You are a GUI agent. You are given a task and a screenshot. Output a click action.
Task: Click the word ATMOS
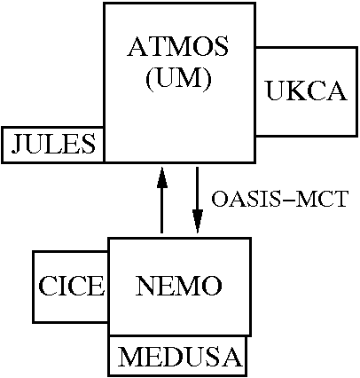point(178,46)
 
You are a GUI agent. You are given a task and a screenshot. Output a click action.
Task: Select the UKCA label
point(307,91)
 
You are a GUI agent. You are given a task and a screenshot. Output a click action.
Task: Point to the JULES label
point(53,144)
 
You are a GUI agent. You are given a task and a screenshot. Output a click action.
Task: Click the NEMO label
point(179,286)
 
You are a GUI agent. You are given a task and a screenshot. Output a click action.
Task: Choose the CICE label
point(72,286)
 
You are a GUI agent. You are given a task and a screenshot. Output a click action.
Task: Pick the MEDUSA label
point(180,357)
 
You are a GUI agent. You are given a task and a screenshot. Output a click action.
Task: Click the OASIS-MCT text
point(280,199)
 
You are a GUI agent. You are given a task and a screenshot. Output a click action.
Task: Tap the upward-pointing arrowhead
point(162,177)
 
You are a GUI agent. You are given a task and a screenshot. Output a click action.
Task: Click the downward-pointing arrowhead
point(198,221)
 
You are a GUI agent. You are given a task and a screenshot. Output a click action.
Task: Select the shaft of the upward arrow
point(162,210)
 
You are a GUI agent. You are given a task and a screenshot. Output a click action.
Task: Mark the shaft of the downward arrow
point(198,189)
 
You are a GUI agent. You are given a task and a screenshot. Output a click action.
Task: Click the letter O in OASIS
point(220,199)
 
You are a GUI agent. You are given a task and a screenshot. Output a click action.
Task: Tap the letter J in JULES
point(17,144)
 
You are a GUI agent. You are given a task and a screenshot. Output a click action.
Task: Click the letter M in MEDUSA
point(130,357)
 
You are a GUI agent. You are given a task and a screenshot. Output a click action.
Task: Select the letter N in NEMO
point(146,286)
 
